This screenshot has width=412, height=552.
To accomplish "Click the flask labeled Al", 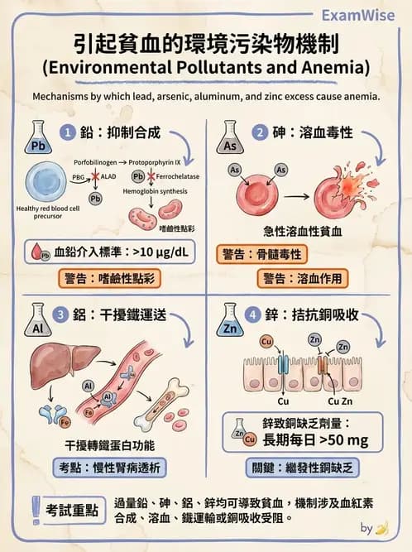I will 36,324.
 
